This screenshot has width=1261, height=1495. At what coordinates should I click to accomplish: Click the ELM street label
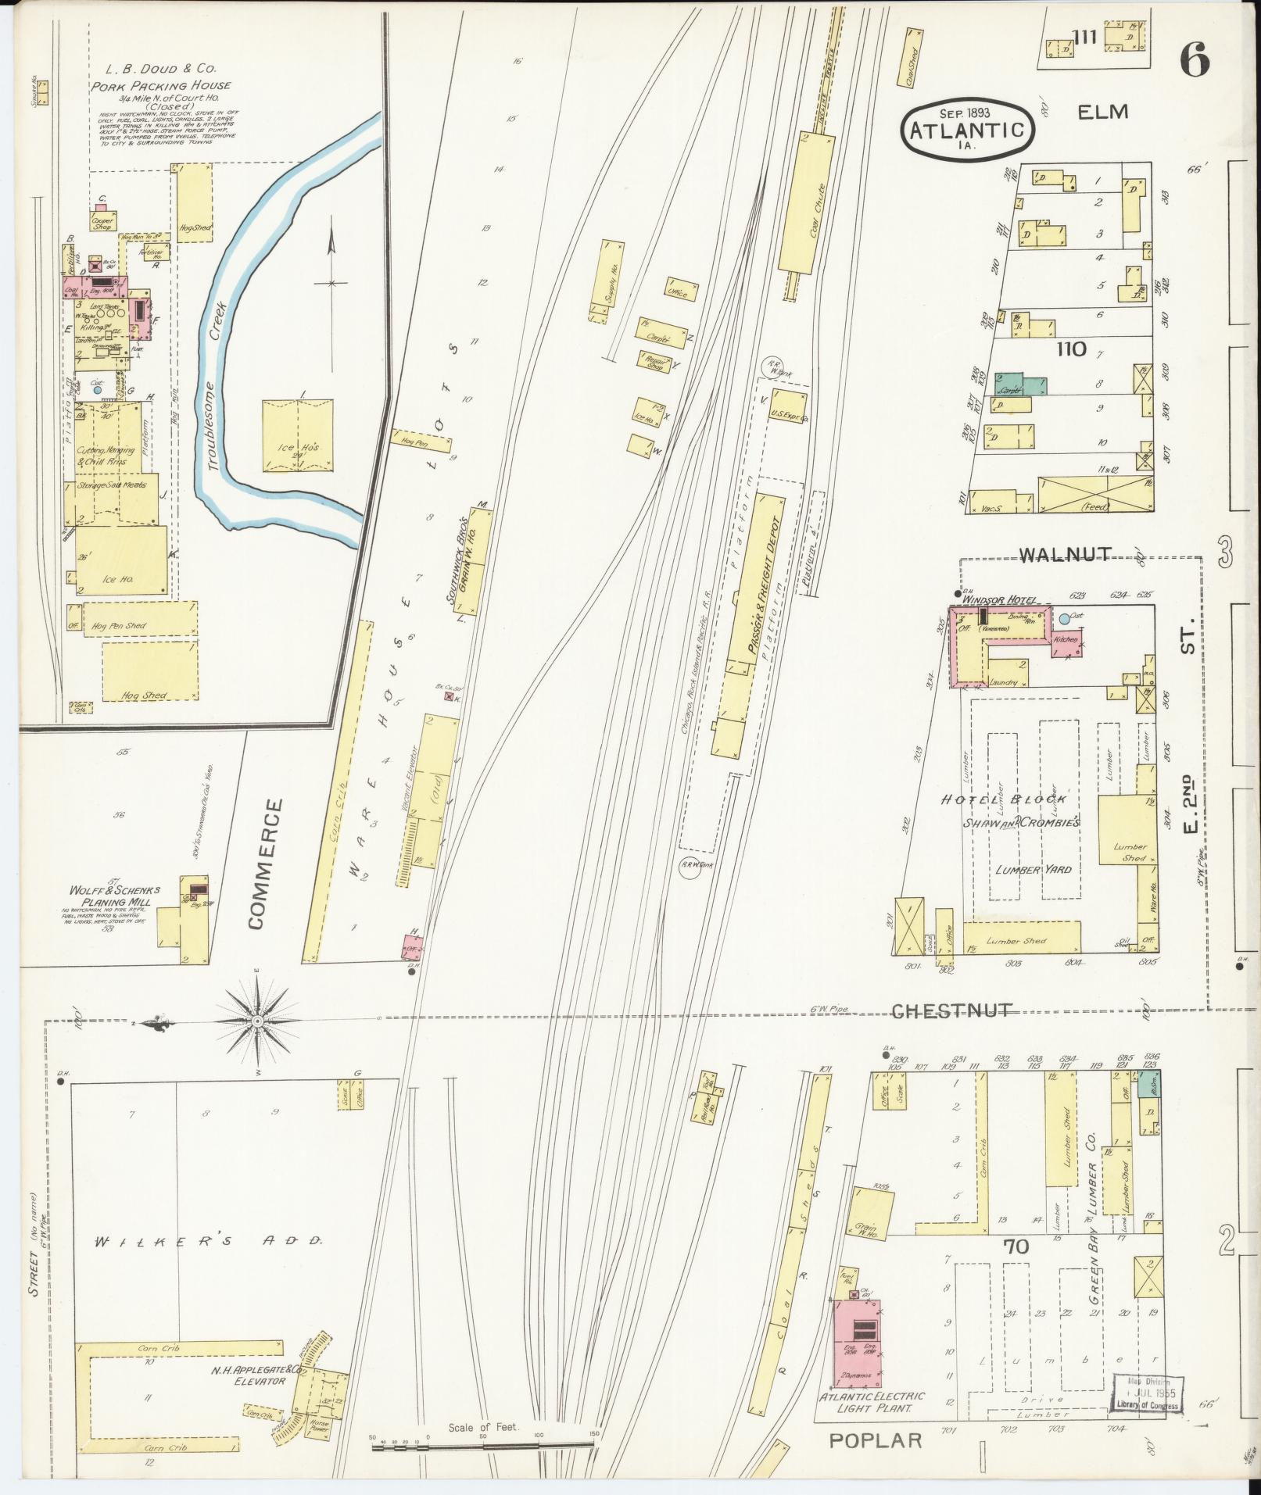[x=1102, y=112]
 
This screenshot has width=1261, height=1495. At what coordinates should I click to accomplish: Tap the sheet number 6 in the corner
[x=1195, y=59]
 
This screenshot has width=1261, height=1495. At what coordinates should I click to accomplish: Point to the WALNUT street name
[x=1064, y=554]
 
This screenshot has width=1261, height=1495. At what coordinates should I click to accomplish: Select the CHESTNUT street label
[x=952, y=1010]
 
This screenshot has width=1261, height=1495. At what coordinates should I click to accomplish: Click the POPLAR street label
[x=876, y=1440]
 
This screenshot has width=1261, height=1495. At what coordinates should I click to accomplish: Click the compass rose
[x=258, y=1021]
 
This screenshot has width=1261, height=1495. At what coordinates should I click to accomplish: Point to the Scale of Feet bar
[x=482, y=1447]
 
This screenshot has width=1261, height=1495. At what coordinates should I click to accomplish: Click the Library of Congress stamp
[x=1148, y=1393]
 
